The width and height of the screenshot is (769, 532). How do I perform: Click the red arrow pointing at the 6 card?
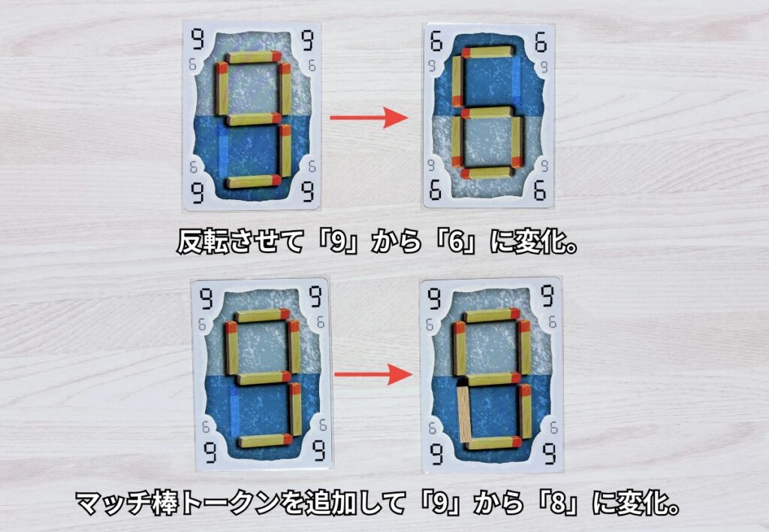coord(369,118)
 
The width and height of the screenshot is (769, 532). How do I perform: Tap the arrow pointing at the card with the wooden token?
coord(372,374)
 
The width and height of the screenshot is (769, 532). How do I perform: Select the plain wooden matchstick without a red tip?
coord(463,413)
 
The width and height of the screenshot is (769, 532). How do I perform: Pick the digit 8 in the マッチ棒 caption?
coord(558,503)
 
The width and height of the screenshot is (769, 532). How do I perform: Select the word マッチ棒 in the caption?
coord(126,503)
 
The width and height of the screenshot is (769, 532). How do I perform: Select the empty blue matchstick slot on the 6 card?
coord(516,81)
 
